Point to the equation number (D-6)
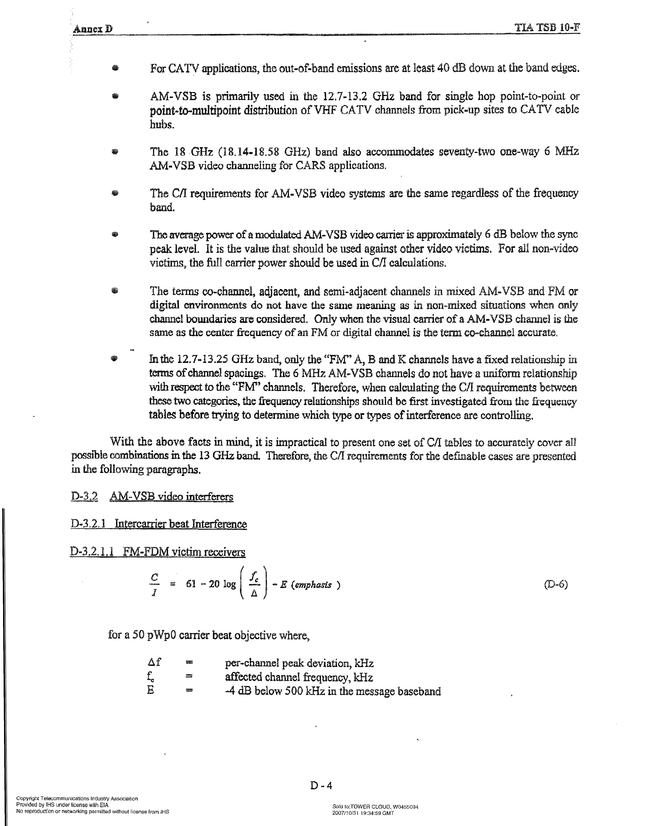coord(556,584)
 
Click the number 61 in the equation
coord(191,584)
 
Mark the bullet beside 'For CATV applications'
coord(115,68)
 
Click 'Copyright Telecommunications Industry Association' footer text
coord(77,798)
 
